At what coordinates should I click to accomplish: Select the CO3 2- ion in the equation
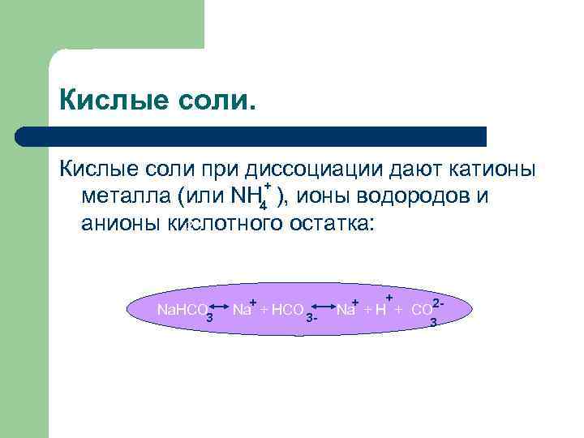tap(427, 311)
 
